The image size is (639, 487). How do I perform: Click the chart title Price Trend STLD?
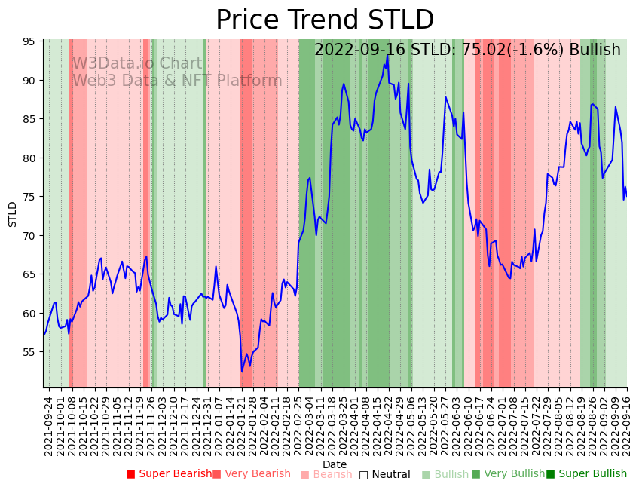(x=325, y=20)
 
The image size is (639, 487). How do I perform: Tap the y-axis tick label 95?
(x=31, y=41)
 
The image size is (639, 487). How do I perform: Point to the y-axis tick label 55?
(x=31, y=352)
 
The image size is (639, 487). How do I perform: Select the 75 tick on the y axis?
(x=31, y=197)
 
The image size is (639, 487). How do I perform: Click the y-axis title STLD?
(x=13, y=213)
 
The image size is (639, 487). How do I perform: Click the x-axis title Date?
(x=335, y=464)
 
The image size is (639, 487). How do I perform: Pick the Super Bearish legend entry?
(x=169, y=474)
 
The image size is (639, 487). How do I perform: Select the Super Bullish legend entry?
(x=586, y=474)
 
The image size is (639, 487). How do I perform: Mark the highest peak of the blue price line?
(x=388, y=54)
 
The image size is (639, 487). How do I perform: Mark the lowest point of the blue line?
(x=242, y=371)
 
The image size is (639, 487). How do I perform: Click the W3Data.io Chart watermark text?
(x=137, y=64)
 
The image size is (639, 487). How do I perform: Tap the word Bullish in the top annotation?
(x=595, y=50)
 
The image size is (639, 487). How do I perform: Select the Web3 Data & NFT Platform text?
(x=177, y=81)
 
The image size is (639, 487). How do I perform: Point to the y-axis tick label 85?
(x=31, y=119)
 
